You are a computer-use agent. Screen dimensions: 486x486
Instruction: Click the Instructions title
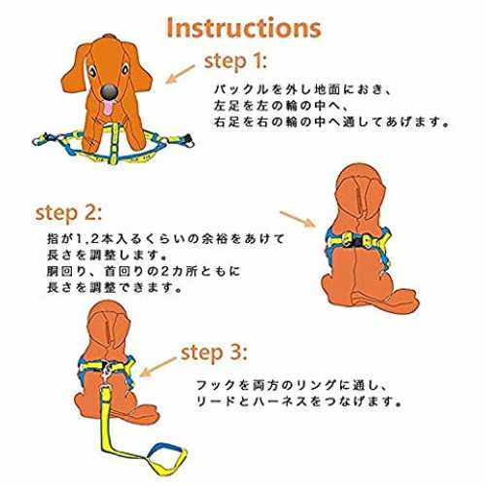(244, 28)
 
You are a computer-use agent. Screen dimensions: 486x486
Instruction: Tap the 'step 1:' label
(235, 61)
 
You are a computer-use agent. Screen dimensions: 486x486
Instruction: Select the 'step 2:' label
(68, 214)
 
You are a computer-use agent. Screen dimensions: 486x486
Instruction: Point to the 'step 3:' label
(214, 353)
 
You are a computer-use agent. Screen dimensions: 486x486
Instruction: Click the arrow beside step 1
(180, 74)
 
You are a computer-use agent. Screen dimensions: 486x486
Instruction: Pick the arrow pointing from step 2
(297, 219)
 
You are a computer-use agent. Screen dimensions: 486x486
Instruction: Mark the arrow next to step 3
(157, 367)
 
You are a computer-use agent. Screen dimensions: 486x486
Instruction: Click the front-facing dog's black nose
(109, 91)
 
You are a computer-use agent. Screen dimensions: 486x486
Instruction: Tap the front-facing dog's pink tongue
(108, 108)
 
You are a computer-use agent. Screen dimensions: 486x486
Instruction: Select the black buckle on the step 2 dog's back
(358, 242)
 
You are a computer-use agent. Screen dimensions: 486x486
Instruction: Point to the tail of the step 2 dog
(386, 298)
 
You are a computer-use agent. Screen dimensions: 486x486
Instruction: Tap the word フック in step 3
(216, 385)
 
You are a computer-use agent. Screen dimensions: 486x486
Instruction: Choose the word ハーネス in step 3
(279, 401)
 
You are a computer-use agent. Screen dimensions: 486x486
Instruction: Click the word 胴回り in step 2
(66, 271)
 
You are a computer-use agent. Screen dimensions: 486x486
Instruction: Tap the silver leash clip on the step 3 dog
(107, 371)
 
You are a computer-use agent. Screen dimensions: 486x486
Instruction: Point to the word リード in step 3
(216, 401)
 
